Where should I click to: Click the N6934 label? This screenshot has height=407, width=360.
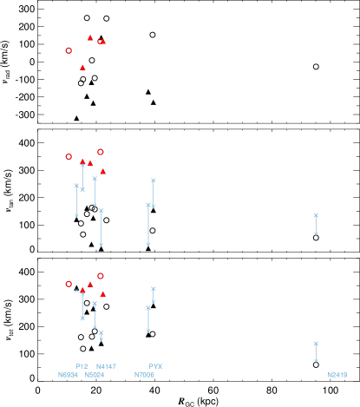(x=68, y=375)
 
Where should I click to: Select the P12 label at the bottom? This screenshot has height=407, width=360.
(x=82, y=366)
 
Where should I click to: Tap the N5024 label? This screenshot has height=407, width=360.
(x=95, y=375)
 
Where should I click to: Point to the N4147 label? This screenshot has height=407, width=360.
(x=106, y=366)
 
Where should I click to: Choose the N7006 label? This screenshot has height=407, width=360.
(x=144, y=375)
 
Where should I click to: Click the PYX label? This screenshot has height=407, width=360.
(x=155, y=366)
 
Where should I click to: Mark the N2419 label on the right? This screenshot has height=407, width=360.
(x=337, y=375)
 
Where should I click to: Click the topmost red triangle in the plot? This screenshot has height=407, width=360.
(x=90, y=37)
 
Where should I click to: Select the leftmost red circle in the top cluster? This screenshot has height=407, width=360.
(x=69, y=50)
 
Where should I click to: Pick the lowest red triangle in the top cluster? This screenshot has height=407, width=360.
(x=82, y=67)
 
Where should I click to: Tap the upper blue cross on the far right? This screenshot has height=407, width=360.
(x=316, y=215)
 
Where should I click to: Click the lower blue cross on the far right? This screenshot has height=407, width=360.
(x=316, y=344)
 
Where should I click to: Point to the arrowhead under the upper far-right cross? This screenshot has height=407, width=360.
(x=316, y=233)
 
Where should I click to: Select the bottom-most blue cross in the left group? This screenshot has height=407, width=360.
(x=101, y=333)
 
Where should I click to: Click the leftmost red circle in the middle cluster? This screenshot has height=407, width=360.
(x=69, y=156)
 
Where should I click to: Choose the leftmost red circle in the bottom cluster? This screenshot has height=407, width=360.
(x=69, y=284)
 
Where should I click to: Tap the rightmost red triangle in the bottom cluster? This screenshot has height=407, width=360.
(x=102, y=293)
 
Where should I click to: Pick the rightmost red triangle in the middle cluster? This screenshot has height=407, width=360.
(x=102, y=171)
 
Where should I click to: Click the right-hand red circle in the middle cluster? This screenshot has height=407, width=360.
(x=101, y=152)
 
